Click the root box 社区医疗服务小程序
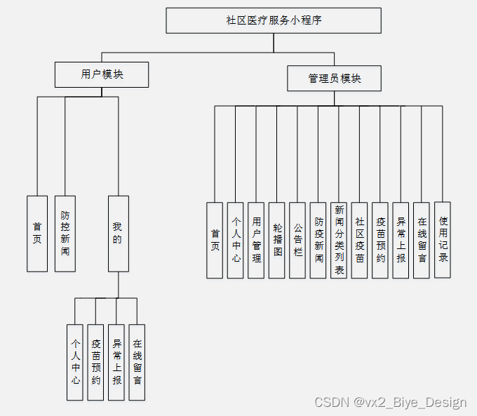pos(274,20)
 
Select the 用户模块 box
pos(102,74)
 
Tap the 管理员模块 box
pos(335,79)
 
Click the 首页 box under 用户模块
pos(37,234)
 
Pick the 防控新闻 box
pos(65,234)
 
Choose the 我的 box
pos(118,234)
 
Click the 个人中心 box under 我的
pos(75,362)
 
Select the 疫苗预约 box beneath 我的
pos(95,362)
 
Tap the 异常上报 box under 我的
pos(116,362)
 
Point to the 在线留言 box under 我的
pos(137,362)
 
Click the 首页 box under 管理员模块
pos(215,240)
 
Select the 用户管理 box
pos(256,240)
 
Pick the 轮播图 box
pos(276,240)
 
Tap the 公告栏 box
pos(297,240)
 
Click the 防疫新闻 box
pos(318,240)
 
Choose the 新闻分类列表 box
pos(339,240)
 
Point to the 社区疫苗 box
pos(359,240)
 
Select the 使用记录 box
pos(443,239)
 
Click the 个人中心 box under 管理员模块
pos(236,240)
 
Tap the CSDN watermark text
pos(391,403)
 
